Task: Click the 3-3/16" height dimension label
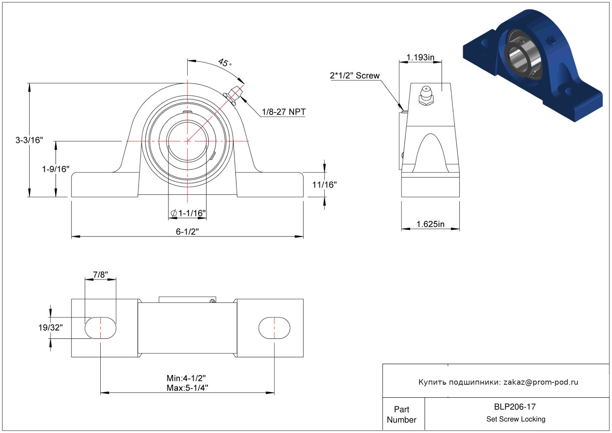click(x=29, y=140)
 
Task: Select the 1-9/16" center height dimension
click(x=55, y=169)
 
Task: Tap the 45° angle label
click(x=224, y=62)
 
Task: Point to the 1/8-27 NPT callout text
click(x=284, y=112)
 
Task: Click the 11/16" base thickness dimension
click(x=324, y=185)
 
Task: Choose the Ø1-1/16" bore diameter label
click(x=188, y=213)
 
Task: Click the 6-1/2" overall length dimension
click(x=187, y=232)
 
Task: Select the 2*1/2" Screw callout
click(x=354, y=75)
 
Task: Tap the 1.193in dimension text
click(x=420, y=57)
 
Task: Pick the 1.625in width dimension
click(x=430, y=224)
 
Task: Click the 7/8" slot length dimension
click(x=100, y=275)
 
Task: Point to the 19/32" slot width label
click(x=51, y=327)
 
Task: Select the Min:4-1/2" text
click(x=186, y=378)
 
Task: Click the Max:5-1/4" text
click(x=187, y=388)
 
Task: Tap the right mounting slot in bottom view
click(x=274, y=328)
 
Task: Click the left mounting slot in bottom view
click(x=100, y=328)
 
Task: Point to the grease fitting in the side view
click(x=426, y=95)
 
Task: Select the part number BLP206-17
click(x=515, y=407)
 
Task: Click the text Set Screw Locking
click(x=516, y=419)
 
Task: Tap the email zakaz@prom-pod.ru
click(x=541, y=382)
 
